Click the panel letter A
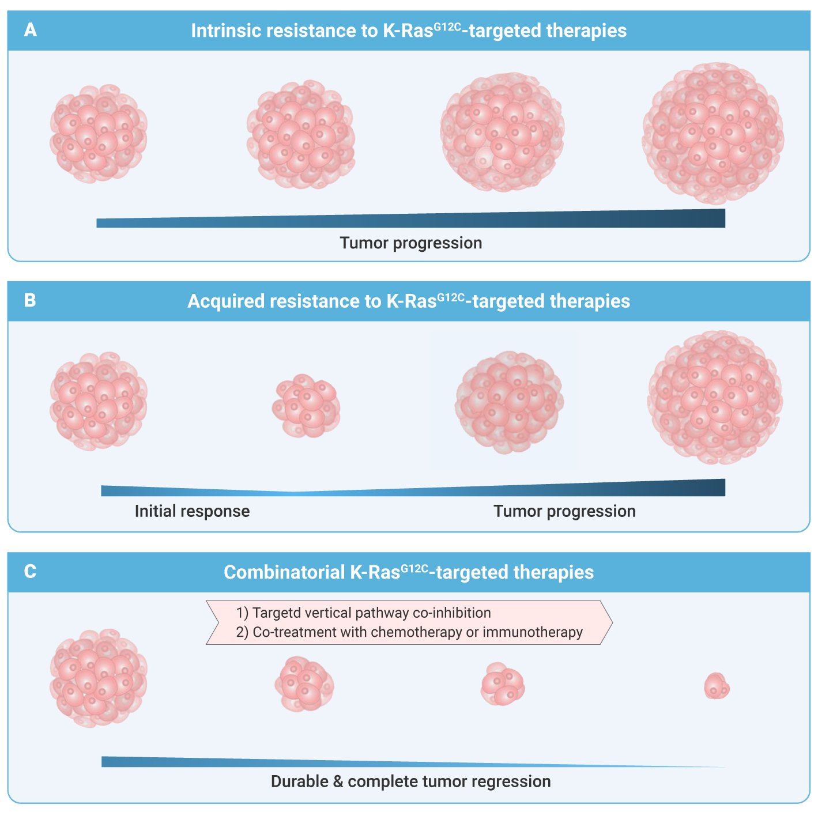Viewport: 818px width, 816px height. [x=30, y=30]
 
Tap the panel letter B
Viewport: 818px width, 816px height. [x=30, y=300]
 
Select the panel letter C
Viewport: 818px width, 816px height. [x=30, y=571]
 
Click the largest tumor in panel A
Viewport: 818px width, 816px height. [x=713, y=133]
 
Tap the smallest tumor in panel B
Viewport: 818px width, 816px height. [x=306, y=406]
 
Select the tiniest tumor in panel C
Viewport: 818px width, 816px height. [x=717, y=686]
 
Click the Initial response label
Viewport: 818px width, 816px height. [x=193, y=511]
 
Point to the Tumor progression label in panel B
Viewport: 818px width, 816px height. [x=564, y=512]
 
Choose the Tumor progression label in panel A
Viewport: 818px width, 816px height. [x=411, y=243]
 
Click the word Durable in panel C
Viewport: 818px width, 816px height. [x=300, y=781]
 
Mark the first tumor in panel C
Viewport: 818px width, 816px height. [x=99, y=678]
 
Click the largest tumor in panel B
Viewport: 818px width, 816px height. [x=715, y=398]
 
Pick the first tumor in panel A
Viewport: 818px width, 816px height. [x=99, y=133]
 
